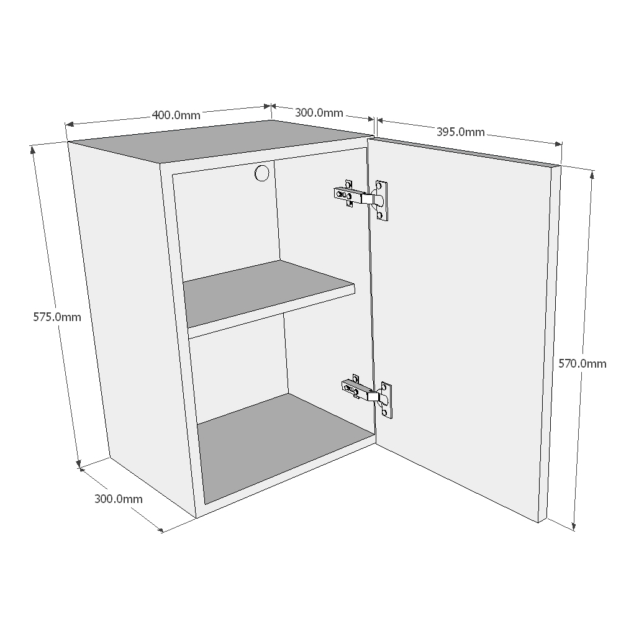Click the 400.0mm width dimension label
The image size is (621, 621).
pyautogui.click(x=176, y=115)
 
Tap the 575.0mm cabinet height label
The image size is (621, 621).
pyautogui.click(x=57, y=317)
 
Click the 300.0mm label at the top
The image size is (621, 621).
pyautogui.click(x=319, y=112)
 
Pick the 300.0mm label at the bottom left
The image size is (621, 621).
pyautogui.click(x=118, y=499)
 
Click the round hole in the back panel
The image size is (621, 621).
pyautogui.click(x=262, y=173)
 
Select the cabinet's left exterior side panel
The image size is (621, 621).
pyautogui.click(x=124, y=310)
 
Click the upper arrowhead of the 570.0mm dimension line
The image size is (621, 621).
pyautogui.click(x=592, y=174)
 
